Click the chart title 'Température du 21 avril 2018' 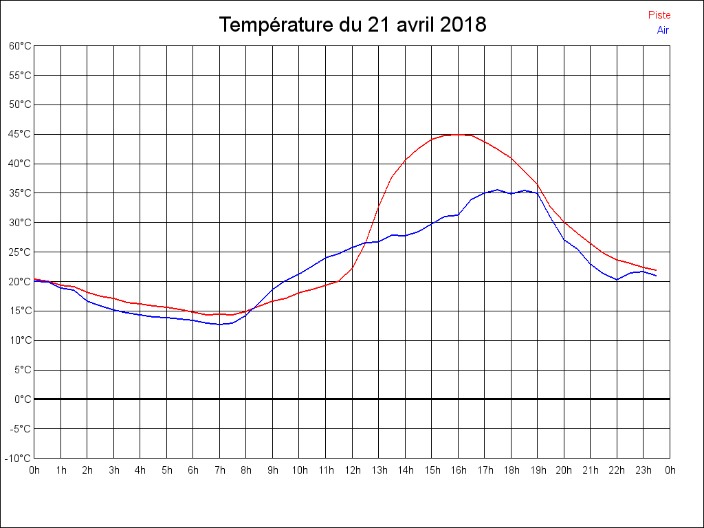353,25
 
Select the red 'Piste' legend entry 659,15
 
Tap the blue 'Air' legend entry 663,30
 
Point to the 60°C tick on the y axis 20,45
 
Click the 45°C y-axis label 20,134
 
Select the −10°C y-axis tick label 19,458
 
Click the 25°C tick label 20,252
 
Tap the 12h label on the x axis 353,470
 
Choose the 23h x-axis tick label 643,470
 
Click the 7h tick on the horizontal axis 220,470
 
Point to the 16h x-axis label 459,470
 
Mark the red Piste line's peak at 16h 458,135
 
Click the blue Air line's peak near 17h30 498,190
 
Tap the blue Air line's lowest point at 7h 220,324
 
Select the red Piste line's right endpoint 656,270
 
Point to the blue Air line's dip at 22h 617,279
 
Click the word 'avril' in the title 415,25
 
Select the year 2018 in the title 463,25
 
